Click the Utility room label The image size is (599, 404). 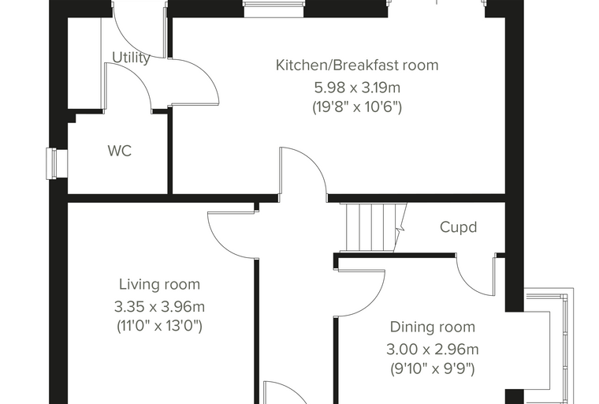pos(131,58)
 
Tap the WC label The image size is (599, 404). pos(120,151)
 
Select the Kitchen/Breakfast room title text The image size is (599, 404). pos(357,65)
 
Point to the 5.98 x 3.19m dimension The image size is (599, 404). pos(357,88)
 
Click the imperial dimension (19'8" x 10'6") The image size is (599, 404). pos(357,107)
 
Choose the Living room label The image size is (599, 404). pos(160,284)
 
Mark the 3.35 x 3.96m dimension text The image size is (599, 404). pos(160,306)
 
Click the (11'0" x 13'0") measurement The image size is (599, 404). pos(159,326)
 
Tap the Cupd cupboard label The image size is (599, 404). pos(459,227)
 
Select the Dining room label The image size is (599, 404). pos(433,327)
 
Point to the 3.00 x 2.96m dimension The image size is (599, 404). pos(433,350)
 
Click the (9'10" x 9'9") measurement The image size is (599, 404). pos(433,368)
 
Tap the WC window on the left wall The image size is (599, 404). pos(51,163)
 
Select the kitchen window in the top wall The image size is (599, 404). pos(274,9)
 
